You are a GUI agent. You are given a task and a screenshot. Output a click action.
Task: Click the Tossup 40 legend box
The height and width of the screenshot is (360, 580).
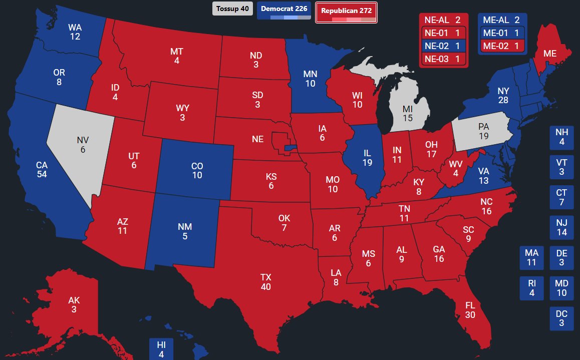point(232,9)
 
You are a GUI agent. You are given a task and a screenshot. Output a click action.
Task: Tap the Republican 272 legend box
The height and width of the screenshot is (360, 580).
point(346,12)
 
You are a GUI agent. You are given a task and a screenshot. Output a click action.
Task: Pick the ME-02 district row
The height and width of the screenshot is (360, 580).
point(502,46)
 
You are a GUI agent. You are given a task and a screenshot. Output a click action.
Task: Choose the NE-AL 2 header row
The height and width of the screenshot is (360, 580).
point(443,20)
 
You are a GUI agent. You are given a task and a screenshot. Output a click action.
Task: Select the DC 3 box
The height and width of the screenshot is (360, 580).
point(561,318)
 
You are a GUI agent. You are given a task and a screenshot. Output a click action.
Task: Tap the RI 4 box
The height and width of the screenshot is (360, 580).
point(532,288)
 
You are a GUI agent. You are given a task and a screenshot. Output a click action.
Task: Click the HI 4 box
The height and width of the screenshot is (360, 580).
point(161,349)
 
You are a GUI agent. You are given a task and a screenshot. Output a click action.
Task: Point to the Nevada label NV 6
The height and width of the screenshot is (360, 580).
point(83,145)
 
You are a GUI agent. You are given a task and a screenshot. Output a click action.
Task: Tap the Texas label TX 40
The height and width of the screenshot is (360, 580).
point(265,282)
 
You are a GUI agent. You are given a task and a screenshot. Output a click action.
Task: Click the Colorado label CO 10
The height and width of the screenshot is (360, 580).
point(197,170)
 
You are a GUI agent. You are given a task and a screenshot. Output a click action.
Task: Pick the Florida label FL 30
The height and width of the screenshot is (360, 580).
point(470,310)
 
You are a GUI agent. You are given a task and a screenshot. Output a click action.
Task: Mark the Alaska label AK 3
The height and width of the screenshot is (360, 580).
point(74,305)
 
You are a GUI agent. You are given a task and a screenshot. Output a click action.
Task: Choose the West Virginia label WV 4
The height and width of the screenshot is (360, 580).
point(455,169)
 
